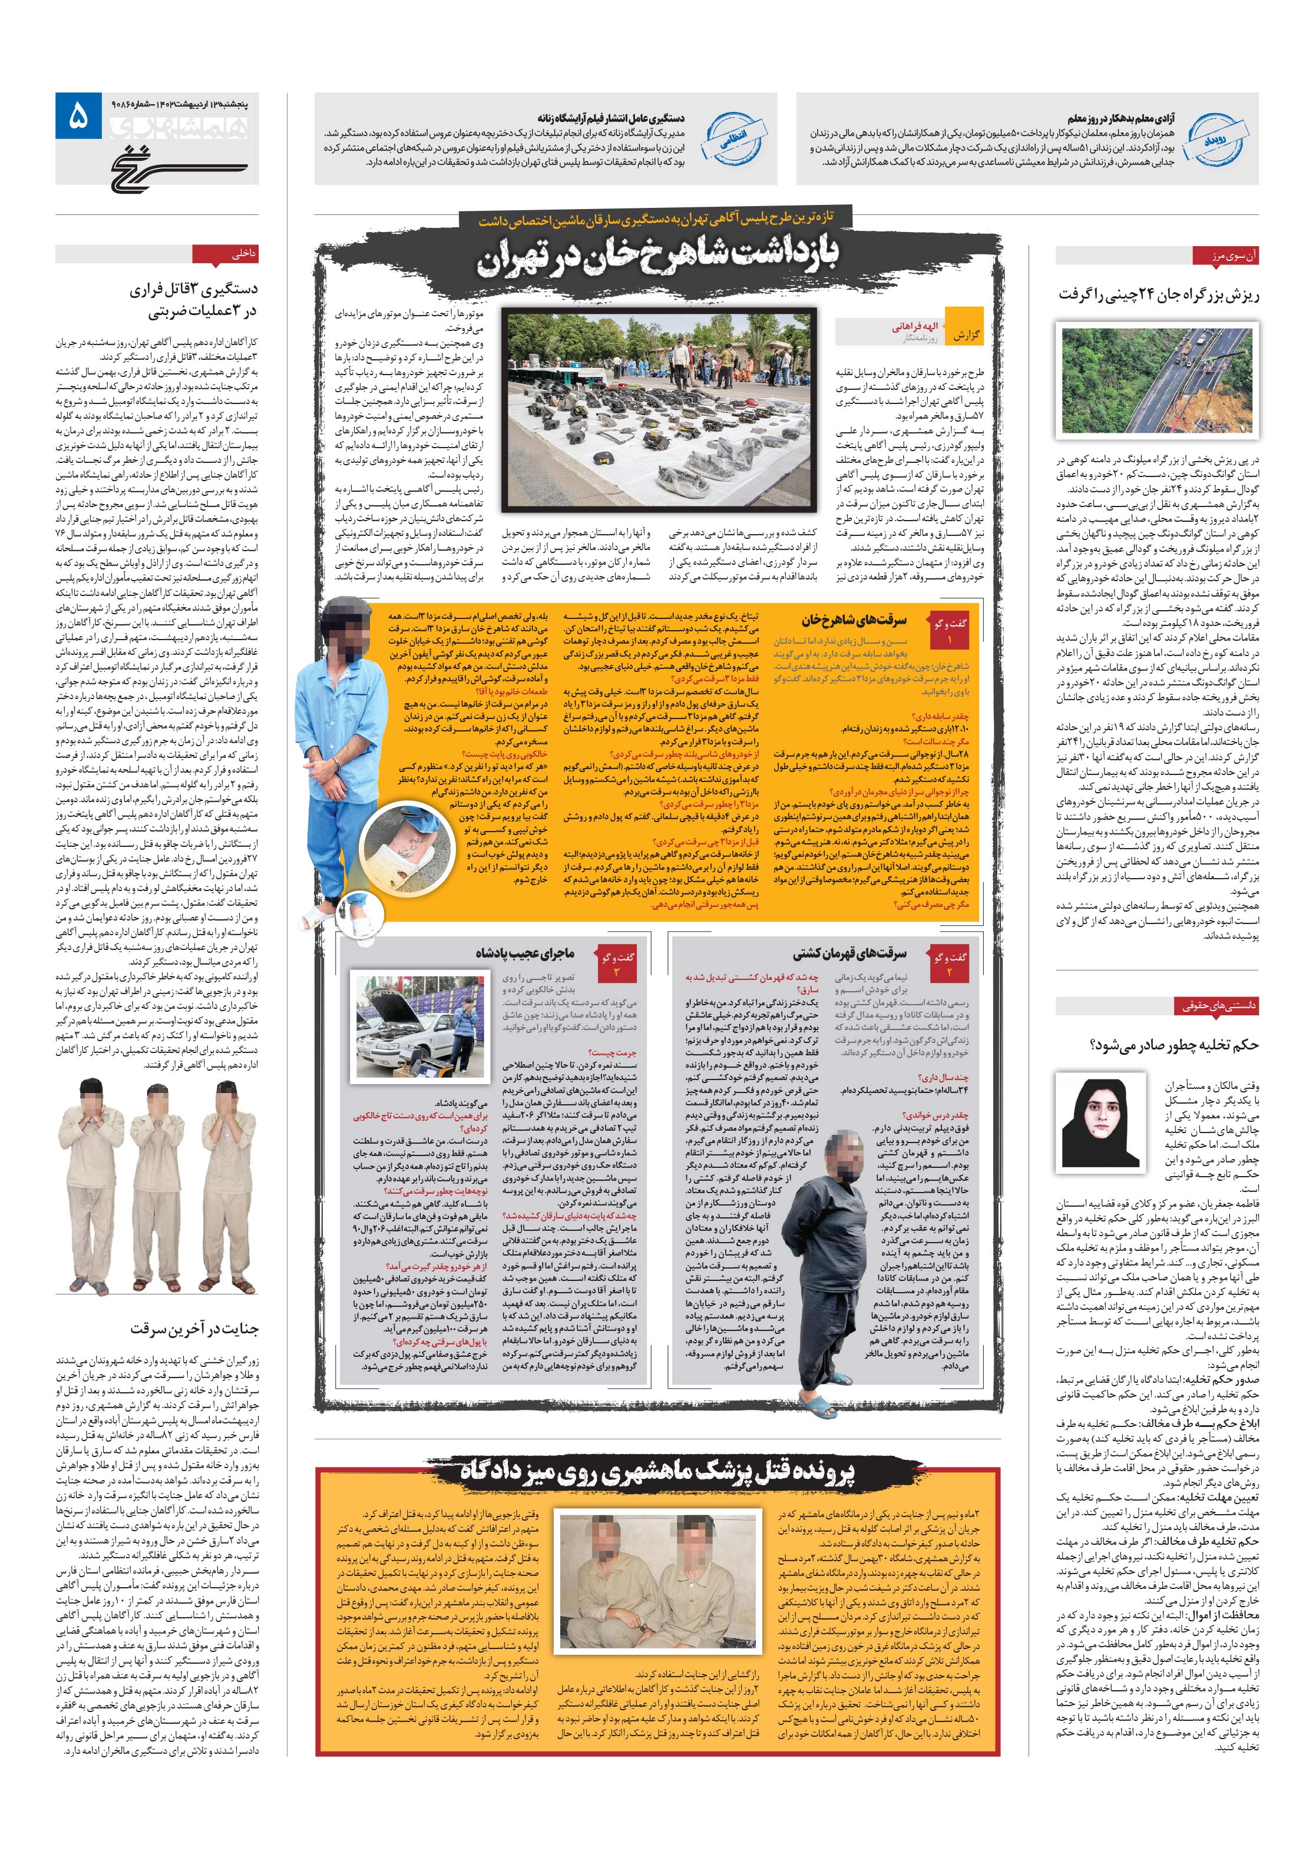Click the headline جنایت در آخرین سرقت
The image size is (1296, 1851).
coord(194,1329)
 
